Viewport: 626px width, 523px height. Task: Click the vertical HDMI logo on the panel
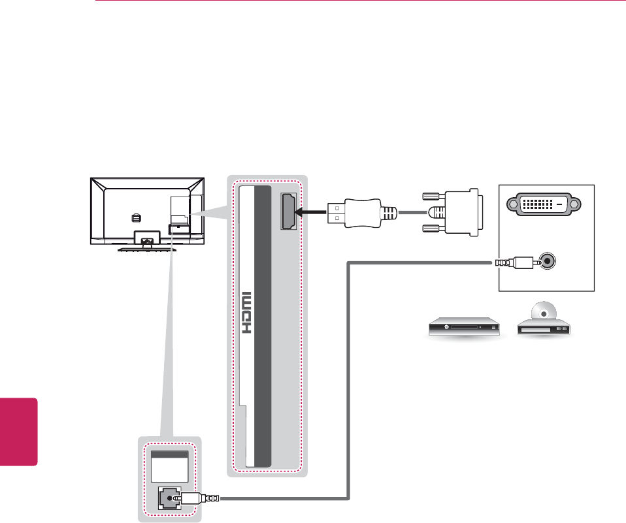248,313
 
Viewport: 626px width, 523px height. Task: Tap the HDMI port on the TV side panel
288,212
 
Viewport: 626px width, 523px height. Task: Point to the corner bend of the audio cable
349,264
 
